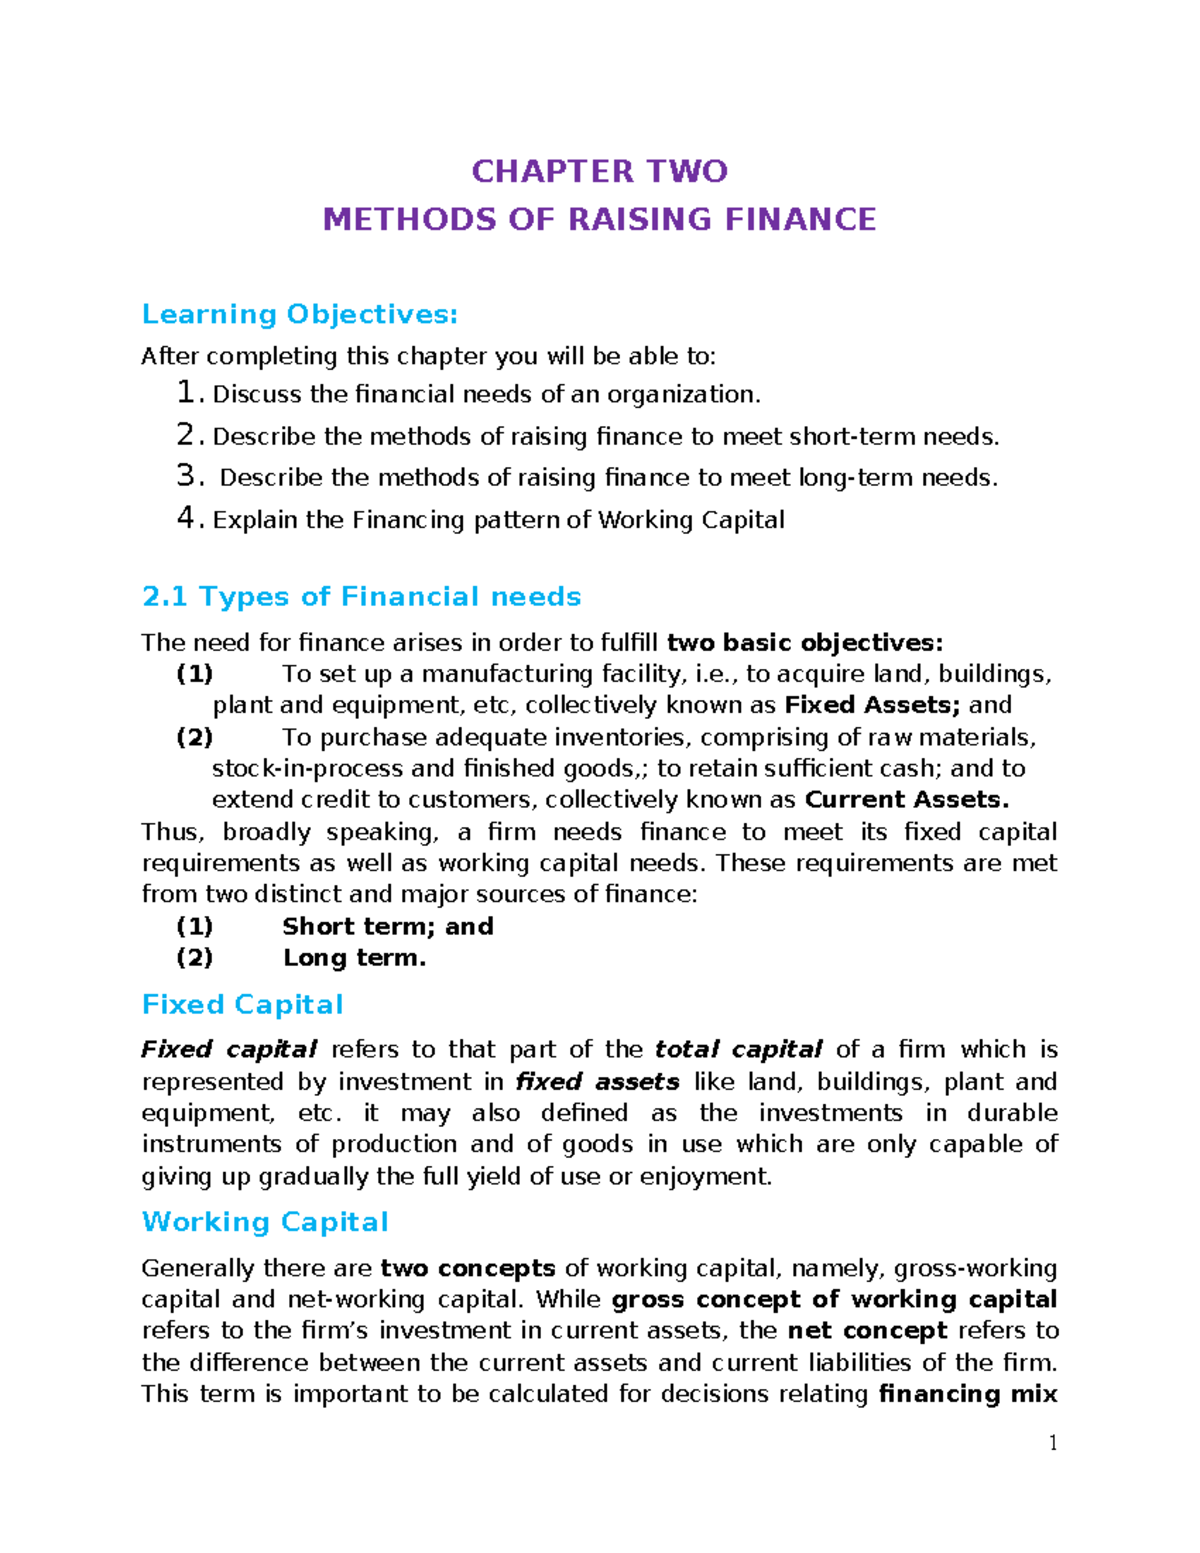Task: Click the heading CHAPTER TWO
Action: click(599, 171)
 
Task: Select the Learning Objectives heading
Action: click(300, 314)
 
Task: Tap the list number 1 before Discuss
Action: click(186, 393)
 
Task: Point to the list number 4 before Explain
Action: click(186, 518)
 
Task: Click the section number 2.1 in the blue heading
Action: click(165, 597)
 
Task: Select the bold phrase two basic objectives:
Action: click(804, 642)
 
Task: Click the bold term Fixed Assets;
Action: click(872, 705)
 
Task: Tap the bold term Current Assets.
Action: click(906, 800)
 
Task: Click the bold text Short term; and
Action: click(388, 926)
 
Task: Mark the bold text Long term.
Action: click(354, 958)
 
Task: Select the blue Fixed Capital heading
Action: click(243, 1005)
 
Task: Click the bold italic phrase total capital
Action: click(738, 1050)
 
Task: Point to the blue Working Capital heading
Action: click(265, 1222)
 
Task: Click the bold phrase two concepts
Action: click(468, 1268)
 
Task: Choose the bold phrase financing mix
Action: click(967, 1394)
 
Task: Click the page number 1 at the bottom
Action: click(1052, 1442)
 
